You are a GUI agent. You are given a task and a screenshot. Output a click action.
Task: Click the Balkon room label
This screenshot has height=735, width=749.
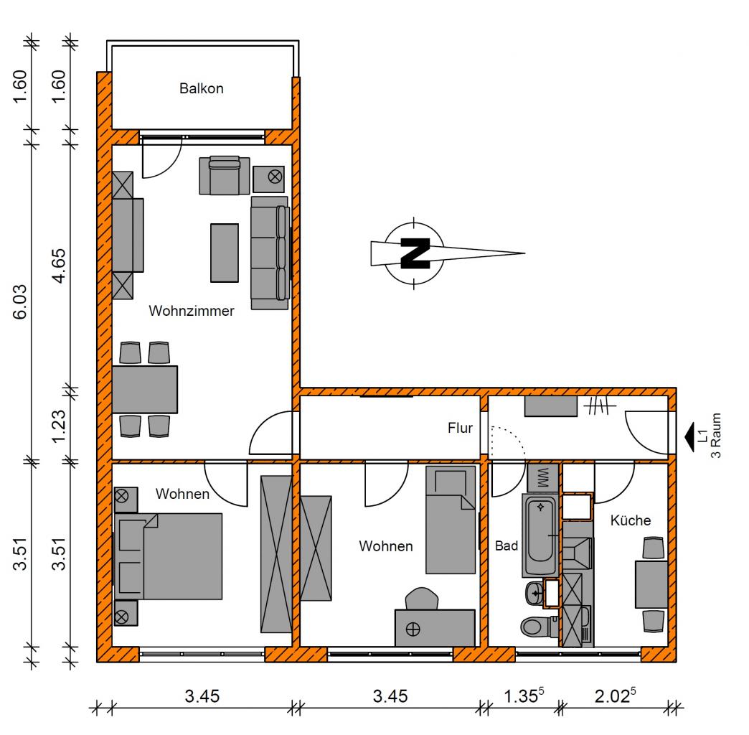pos(201,88)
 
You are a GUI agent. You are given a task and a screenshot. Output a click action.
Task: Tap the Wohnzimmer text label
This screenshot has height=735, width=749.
pos(191,311)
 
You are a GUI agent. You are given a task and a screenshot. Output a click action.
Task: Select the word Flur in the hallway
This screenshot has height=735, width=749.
pos(460,428)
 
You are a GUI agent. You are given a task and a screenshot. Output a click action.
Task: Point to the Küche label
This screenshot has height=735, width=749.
pos(631,520)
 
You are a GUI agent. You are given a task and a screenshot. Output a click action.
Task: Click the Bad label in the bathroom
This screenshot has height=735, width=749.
pos(507,546)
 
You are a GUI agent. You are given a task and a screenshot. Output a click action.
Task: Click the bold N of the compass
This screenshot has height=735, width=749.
pos(415,253)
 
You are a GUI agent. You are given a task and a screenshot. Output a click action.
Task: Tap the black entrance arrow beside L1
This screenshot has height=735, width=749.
pos(689,437)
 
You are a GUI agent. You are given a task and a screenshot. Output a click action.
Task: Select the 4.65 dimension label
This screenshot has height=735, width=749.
pos(59,266)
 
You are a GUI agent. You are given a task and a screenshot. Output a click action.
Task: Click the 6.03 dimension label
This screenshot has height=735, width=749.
pos(20,302)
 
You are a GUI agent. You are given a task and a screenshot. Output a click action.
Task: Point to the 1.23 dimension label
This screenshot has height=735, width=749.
pos(59,427)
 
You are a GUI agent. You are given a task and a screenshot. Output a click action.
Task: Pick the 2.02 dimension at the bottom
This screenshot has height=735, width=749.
pos(616,696)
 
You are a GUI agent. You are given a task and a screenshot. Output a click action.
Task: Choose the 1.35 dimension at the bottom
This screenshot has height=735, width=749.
pos(524,696)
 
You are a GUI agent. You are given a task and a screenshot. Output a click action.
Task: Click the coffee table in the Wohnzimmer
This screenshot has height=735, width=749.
pos(225,253)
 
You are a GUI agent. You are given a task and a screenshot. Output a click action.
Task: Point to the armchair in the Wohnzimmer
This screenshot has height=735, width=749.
pos(225,175)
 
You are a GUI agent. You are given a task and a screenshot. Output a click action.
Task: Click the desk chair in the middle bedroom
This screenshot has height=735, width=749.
pos(422,599)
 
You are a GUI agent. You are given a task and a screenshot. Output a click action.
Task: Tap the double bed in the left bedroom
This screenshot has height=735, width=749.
pos(168,556)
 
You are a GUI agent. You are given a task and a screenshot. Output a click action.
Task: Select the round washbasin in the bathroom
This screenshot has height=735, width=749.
pos(534,594)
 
